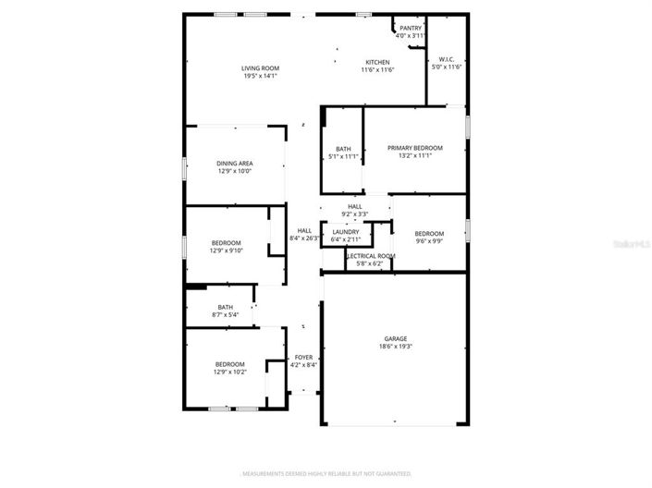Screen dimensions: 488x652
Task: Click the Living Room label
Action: pyautogui.click(x=261, y=68)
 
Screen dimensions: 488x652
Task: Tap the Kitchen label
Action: pyautogui.click(x=377, y=62)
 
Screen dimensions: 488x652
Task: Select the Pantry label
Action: pyautogui.click(x=410, y=28)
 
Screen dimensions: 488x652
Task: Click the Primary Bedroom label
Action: pyautogui.click(x=414, y=148)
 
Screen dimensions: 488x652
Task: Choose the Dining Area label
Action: pyautogui.click(x=235, y=164)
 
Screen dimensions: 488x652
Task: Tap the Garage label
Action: pyautogui.click(x=395, y=339)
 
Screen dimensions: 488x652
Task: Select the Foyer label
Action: pyautogui.click(x=304, y=357)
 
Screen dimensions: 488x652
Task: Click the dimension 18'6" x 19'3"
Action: pyautogui.click(x=395, y=348)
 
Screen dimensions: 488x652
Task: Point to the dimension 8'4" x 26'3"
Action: pyautogui.click(x=304, y=238)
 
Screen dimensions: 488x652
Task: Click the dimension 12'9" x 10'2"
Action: pyautogui.click(x=229, y=372)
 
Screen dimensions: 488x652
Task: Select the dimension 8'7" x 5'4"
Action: pyautogui.click(x=226, y=315)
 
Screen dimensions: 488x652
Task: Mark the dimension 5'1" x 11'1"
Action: pyautogui.click(x=343, y=156)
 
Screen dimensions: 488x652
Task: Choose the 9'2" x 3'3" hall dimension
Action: pyautogui.click(x=355, y=214)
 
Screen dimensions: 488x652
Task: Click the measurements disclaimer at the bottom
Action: pyautogui.click(x=326, y=474)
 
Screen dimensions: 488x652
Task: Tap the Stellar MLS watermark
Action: pyautogui.click(x=632, y=244)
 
